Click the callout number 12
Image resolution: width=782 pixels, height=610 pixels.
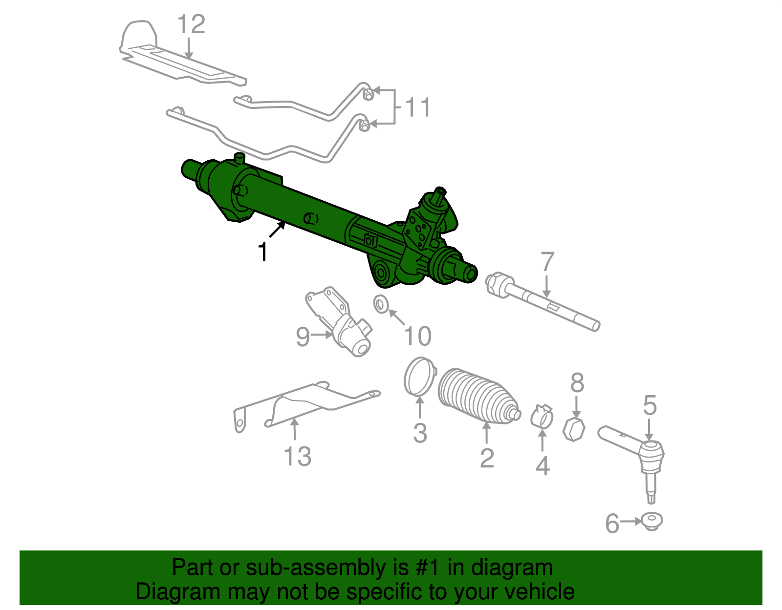coord(191,24)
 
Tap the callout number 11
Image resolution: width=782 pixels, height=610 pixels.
coord(418,107)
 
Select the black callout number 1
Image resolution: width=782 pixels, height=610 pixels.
coord(263,252)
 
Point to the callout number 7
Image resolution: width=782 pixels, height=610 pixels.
coord(547,262)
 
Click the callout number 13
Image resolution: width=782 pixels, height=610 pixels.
coord(297,457)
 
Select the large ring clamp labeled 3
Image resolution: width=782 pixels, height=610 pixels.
coord(419,376)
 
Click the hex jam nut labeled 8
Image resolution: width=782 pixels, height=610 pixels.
coord(574,429)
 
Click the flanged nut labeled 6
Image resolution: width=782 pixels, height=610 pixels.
coord(652,522)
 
